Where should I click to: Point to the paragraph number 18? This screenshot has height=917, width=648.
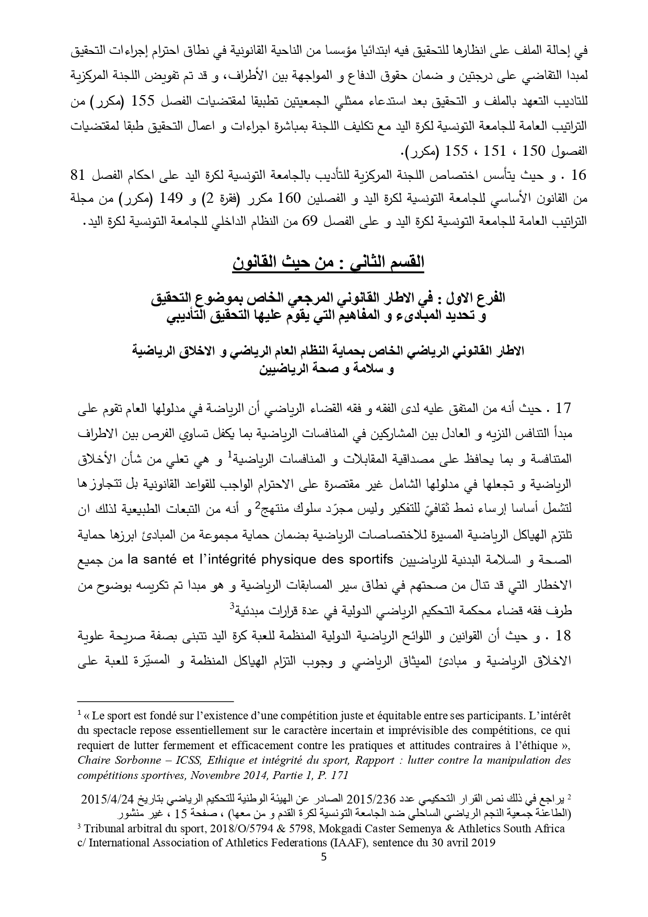[x=564, y=636]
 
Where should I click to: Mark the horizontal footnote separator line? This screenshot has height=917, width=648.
[x=155, y=702]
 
